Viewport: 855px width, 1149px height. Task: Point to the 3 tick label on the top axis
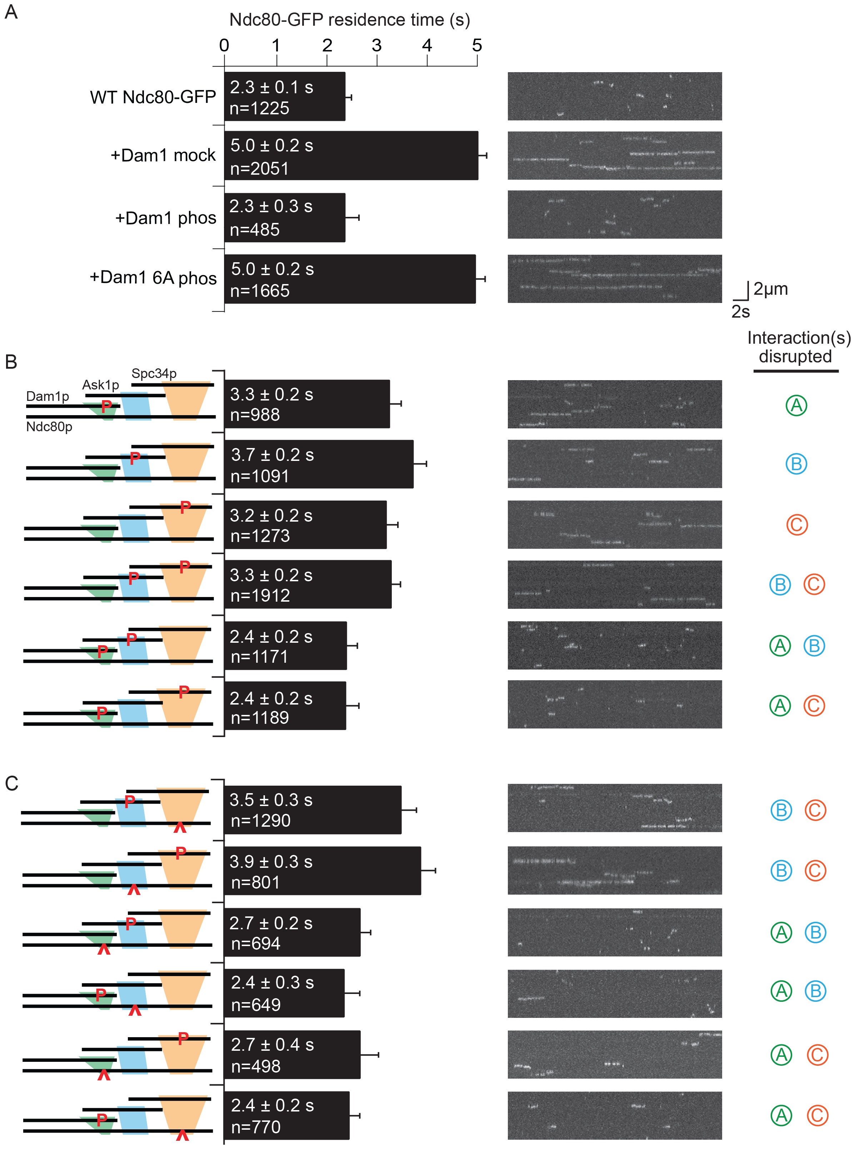[376, 46]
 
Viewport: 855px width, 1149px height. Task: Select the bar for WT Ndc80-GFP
[284, 97]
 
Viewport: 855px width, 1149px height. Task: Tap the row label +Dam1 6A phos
[153, 278]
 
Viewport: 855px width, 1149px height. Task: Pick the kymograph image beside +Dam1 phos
[614, 214]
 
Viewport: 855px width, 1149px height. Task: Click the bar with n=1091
[318, 464]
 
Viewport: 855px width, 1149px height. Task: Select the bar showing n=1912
[307, 584]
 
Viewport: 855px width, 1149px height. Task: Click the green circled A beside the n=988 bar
[796, 406]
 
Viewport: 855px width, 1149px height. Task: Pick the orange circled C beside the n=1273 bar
[796, 524]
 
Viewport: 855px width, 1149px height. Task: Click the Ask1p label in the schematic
[100, 385]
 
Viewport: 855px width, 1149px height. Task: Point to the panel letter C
[11, 784]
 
